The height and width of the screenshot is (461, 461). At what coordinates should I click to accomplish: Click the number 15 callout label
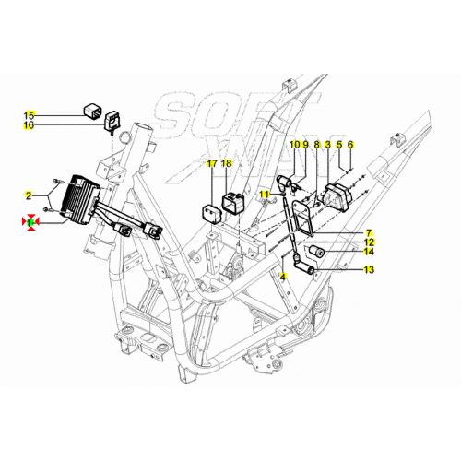pos(29,115)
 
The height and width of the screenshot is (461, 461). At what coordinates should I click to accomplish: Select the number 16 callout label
pos(29,125)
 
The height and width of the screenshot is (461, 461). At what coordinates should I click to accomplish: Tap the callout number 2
pos(29,195)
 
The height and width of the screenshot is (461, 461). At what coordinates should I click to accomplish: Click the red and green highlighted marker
pos(30,222)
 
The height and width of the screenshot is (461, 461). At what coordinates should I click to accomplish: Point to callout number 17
pos(211,163)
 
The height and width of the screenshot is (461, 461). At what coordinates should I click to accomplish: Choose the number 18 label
pos(228,163)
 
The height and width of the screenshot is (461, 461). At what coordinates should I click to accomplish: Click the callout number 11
pos(265,194)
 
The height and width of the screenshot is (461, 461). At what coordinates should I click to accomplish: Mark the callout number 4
pos(284,276)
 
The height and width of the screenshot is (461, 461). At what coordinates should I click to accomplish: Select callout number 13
pos(369,270)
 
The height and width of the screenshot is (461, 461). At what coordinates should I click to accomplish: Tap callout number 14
pos(369,251)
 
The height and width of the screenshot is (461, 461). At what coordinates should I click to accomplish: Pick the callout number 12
pos(369,242)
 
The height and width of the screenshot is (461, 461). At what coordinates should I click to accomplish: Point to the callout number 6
pos(350,145)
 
